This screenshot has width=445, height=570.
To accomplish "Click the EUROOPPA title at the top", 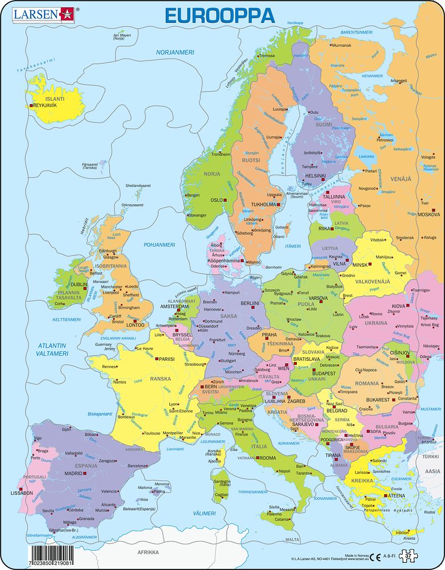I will (219, 15).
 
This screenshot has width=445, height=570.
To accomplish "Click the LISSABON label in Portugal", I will (23, 492).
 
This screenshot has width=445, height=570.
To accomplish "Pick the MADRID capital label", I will (73, 473).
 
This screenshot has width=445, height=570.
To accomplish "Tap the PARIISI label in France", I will (166, 360).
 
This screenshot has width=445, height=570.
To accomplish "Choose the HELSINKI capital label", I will (315, 176).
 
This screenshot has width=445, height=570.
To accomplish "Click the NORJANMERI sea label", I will (176, 52).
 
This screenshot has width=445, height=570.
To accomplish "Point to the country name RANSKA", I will (160, 378).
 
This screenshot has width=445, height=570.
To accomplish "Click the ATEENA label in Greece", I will (398, 496).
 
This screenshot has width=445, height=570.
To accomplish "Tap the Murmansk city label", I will (341, 45).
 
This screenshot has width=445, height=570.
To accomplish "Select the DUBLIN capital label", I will (79, 284).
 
